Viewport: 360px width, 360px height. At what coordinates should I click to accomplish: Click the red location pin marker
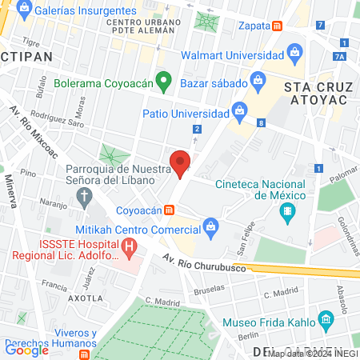pyautogui.click(x=181, y=163)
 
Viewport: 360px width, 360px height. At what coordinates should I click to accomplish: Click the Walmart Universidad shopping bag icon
pyautogui.click(x=295, y=56)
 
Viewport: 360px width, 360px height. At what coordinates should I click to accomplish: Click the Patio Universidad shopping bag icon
pyautogui.click(x=238, y=110)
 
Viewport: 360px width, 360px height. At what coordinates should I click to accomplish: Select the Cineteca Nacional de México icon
pyautogui.click(x=286, y=212)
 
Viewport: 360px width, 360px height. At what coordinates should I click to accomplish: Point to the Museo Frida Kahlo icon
pyautogui.click(x=326, y=322)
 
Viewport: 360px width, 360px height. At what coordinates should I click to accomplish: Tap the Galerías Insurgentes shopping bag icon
pyautogui.click(x=25, y=10)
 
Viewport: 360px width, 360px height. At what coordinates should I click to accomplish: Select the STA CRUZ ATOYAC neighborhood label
pyautogui.click(x=318, y=92)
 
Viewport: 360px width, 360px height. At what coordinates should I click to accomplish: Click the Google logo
pyautogui.click(x=26, y=349)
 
